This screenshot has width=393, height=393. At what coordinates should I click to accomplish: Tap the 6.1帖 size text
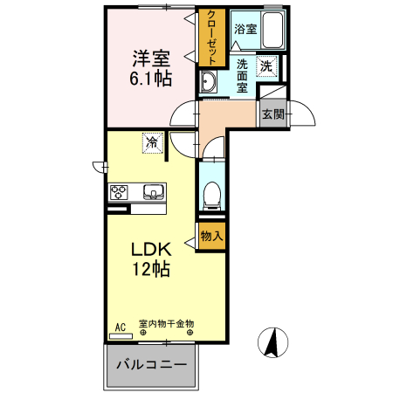pyautogui.click(x=150, y=79)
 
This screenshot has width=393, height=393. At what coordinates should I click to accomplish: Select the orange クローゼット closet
pyautogui.click(x=210, y=37)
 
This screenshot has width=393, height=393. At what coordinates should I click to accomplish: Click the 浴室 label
pyautogui.click(x=245, y=29)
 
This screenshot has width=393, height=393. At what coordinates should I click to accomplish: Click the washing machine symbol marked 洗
pyautogui.click(x=265, y=65)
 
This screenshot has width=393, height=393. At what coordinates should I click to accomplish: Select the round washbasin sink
pyautogui.click(x=210, y=83)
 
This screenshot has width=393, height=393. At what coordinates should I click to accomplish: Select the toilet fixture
pyautogui.click(x=210, y=195)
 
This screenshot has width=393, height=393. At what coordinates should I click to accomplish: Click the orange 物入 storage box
pyautogui.click(x=210, y=235)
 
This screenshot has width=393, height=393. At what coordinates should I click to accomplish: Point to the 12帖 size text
pyautogui.click(x=150, y=271)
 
